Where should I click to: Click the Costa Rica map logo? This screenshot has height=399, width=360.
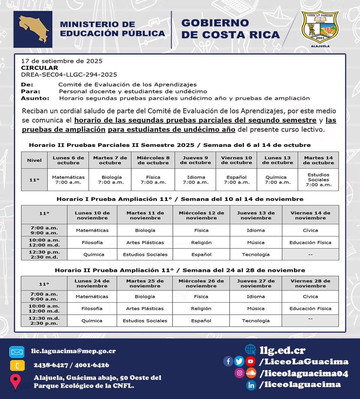coord(33,29)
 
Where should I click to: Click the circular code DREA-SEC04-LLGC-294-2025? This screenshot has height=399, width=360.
coord(69,75)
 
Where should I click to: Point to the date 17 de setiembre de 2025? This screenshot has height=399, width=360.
coord(61,61)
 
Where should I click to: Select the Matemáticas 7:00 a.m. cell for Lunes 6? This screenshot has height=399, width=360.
coord(68,180)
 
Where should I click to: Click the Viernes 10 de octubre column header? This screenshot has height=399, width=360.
coord(236,160)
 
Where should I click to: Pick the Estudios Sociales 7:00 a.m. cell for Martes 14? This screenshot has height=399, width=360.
coord(318,180)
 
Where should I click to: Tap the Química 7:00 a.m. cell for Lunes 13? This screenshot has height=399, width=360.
coord(277,180)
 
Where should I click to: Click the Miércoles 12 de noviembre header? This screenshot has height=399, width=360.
coord(201,215)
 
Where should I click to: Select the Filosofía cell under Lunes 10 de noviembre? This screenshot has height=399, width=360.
coord(92,242)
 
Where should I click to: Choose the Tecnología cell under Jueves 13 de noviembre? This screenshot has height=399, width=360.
coord(256,254)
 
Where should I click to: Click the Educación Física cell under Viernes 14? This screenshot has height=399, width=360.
coord(310,242)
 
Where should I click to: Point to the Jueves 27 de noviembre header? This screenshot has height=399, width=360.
coord(256,283)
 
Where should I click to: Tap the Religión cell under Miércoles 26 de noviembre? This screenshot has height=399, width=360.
coord(201,309)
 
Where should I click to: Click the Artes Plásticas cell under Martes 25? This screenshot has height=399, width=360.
coord(145,309)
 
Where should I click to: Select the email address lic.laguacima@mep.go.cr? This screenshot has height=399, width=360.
coord(73,351)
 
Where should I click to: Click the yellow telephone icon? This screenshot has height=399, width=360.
coord(17,365)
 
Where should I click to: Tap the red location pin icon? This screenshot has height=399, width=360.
coord(15,382)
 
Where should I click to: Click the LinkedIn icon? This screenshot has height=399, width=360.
coord(251,385)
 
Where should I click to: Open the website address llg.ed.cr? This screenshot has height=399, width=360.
coord(282,350)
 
